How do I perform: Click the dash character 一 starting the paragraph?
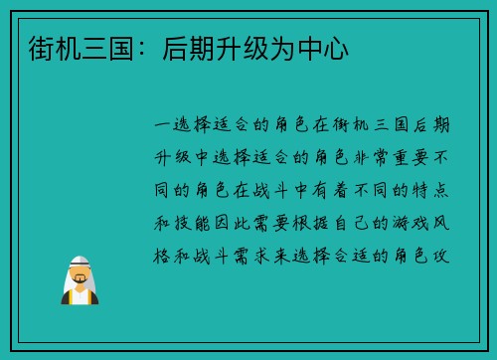[x=166, y=125]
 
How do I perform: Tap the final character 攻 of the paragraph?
[x=439, y=254]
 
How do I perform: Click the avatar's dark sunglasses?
[x=80, y=271]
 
